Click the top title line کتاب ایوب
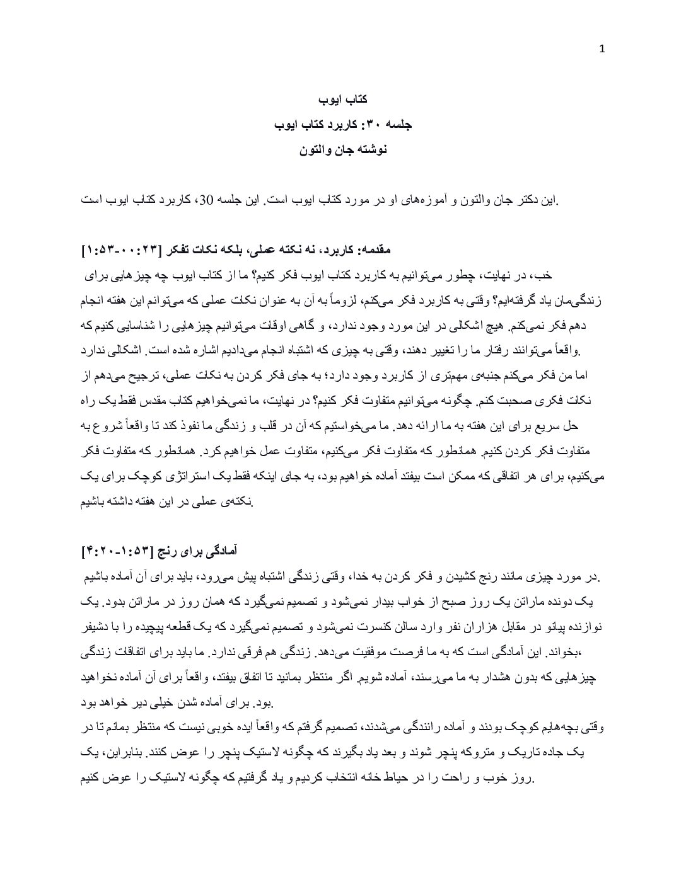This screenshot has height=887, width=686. [342, 100]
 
